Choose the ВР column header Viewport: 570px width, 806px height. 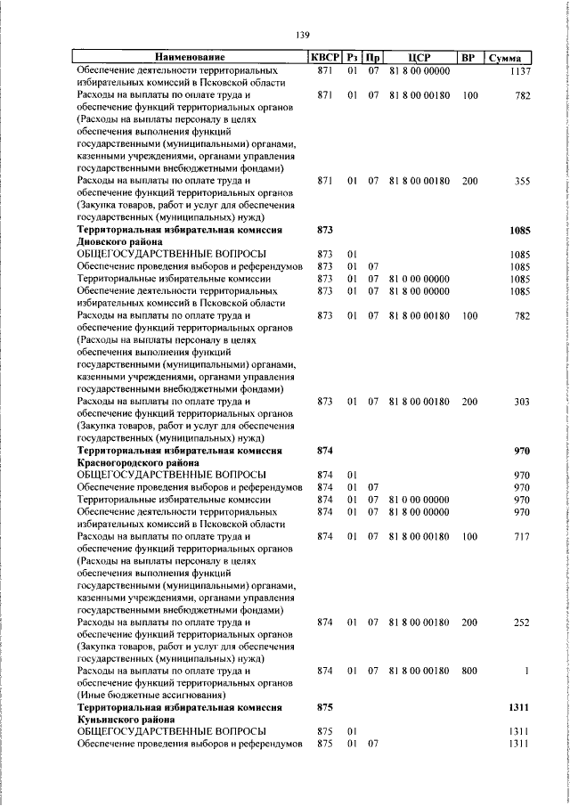[468, 58]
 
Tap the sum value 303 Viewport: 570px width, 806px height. [522, 402]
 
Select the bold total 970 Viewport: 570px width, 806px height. [522, 451]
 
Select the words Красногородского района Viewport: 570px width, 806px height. [137, 463]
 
